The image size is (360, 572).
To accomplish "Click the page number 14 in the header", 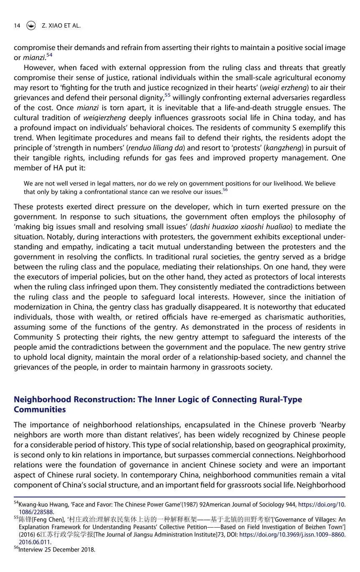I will click(x=17, y=25).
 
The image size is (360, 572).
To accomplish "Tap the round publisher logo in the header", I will click(x=30, y=25).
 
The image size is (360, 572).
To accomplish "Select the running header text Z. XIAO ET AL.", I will click(x=61, y=25).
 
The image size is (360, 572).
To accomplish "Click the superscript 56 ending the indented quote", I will click(x=225, y=190).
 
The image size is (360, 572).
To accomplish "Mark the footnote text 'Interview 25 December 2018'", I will click(x=57, y=549).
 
